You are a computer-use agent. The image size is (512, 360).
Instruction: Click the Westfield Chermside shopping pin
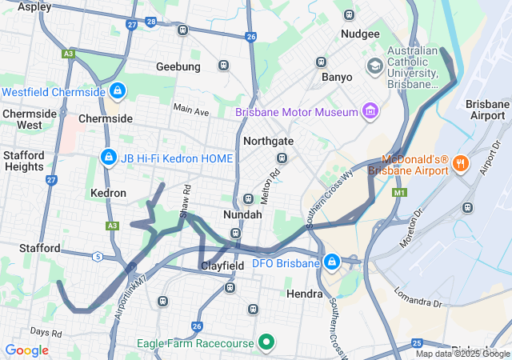pos(118,91)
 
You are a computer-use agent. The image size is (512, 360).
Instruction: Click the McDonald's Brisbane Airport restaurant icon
pos(460,164)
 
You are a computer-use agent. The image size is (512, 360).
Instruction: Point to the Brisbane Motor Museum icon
pos(370,111)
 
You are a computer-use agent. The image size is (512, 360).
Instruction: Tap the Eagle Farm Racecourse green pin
pos(266,343)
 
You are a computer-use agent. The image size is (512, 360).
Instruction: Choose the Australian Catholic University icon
pos(374,65)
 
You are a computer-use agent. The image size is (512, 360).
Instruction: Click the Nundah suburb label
pos(242,215)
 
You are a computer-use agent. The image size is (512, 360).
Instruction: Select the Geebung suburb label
pos(178,66)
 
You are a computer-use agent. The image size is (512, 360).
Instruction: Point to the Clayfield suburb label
pos(222,265)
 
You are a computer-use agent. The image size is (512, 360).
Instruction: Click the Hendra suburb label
pos(304,294)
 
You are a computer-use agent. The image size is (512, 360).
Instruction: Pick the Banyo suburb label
pos(336,78)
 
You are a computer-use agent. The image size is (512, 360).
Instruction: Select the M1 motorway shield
pos(399,194)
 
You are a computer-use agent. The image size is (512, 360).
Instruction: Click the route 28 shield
pos(151,22)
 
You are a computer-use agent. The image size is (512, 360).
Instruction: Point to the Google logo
pos(26,350)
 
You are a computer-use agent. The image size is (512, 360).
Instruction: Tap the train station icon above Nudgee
pos(348,14)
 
